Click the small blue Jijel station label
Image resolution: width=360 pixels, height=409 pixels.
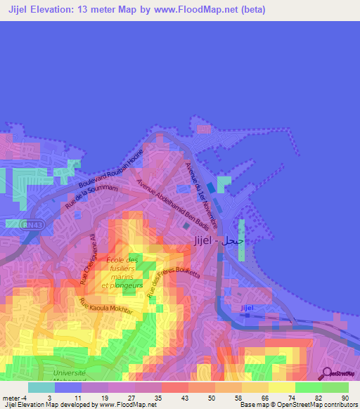(x=246, y=308)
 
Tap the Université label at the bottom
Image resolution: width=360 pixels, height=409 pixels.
(x=70, y=372)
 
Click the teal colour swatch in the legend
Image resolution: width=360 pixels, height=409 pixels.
(x=41, y=387)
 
